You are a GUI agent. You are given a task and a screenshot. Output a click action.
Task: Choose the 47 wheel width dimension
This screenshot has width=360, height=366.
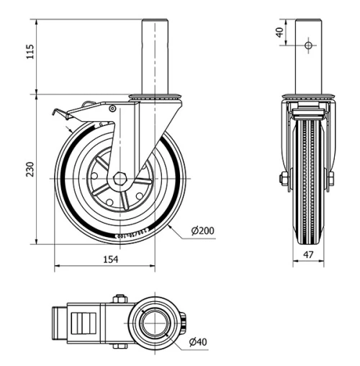(307, 254)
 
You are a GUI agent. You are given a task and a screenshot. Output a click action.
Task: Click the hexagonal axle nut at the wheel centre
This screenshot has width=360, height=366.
(120, 178)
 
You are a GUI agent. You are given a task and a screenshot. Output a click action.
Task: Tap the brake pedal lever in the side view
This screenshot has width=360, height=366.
(68, 111)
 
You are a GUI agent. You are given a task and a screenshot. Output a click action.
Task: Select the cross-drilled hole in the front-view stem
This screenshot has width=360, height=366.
(307, 45)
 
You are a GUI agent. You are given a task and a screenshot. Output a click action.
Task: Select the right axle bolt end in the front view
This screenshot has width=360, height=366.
(331, 178)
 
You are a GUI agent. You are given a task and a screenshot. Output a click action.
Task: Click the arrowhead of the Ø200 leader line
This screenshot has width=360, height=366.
(169, 226)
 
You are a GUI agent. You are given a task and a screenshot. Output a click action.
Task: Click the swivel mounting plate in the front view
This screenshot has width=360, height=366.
(307, 97)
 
